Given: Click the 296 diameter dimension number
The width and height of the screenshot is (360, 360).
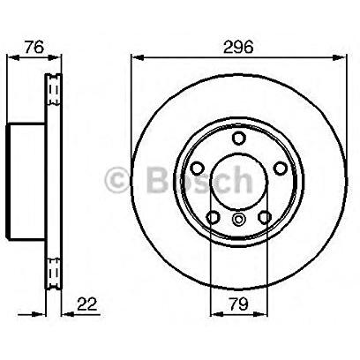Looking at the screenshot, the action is click(238, 47).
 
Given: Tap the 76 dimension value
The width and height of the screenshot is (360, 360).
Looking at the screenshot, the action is click(34, 47).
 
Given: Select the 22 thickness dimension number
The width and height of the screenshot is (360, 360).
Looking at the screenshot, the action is click(86, 304).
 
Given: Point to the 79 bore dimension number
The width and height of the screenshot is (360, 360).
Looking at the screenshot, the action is click(238, 304).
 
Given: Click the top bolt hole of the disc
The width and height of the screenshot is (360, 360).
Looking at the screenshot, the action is click(238, 138).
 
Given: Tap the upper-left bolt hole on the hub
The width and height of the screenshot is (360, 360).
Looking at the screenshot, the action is click(198, 168).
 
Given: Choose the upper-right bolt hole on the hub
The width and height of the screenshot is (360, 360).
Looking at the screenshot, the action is click(280, 168).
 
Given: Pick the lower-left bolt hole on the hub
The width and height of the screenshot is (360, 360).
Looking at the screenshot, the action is click(214, 217).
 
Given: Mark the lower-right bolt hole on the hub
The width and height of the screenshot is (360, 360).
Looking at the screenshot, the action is click(265, 217).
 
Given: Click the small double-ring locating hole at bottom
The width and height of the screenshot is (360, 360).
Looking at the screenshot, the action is click(238, 219).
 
